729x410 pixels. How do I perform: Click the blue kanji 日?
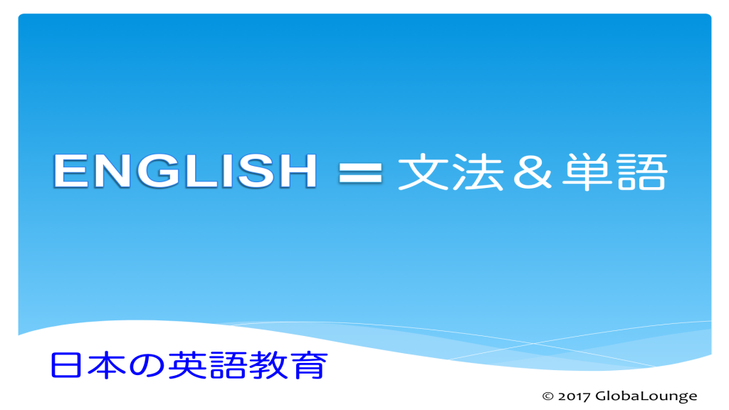(x=63, y=364)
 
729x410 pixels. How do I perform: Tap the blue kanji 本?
(x=101, y=364)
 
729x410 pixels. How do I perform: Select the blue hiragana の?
(x=140, y=365)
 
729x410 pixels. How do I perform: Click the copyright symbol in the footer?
(x=547, y=396)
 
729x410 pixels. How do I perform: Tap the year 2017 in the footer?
(x=575, y=396)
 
